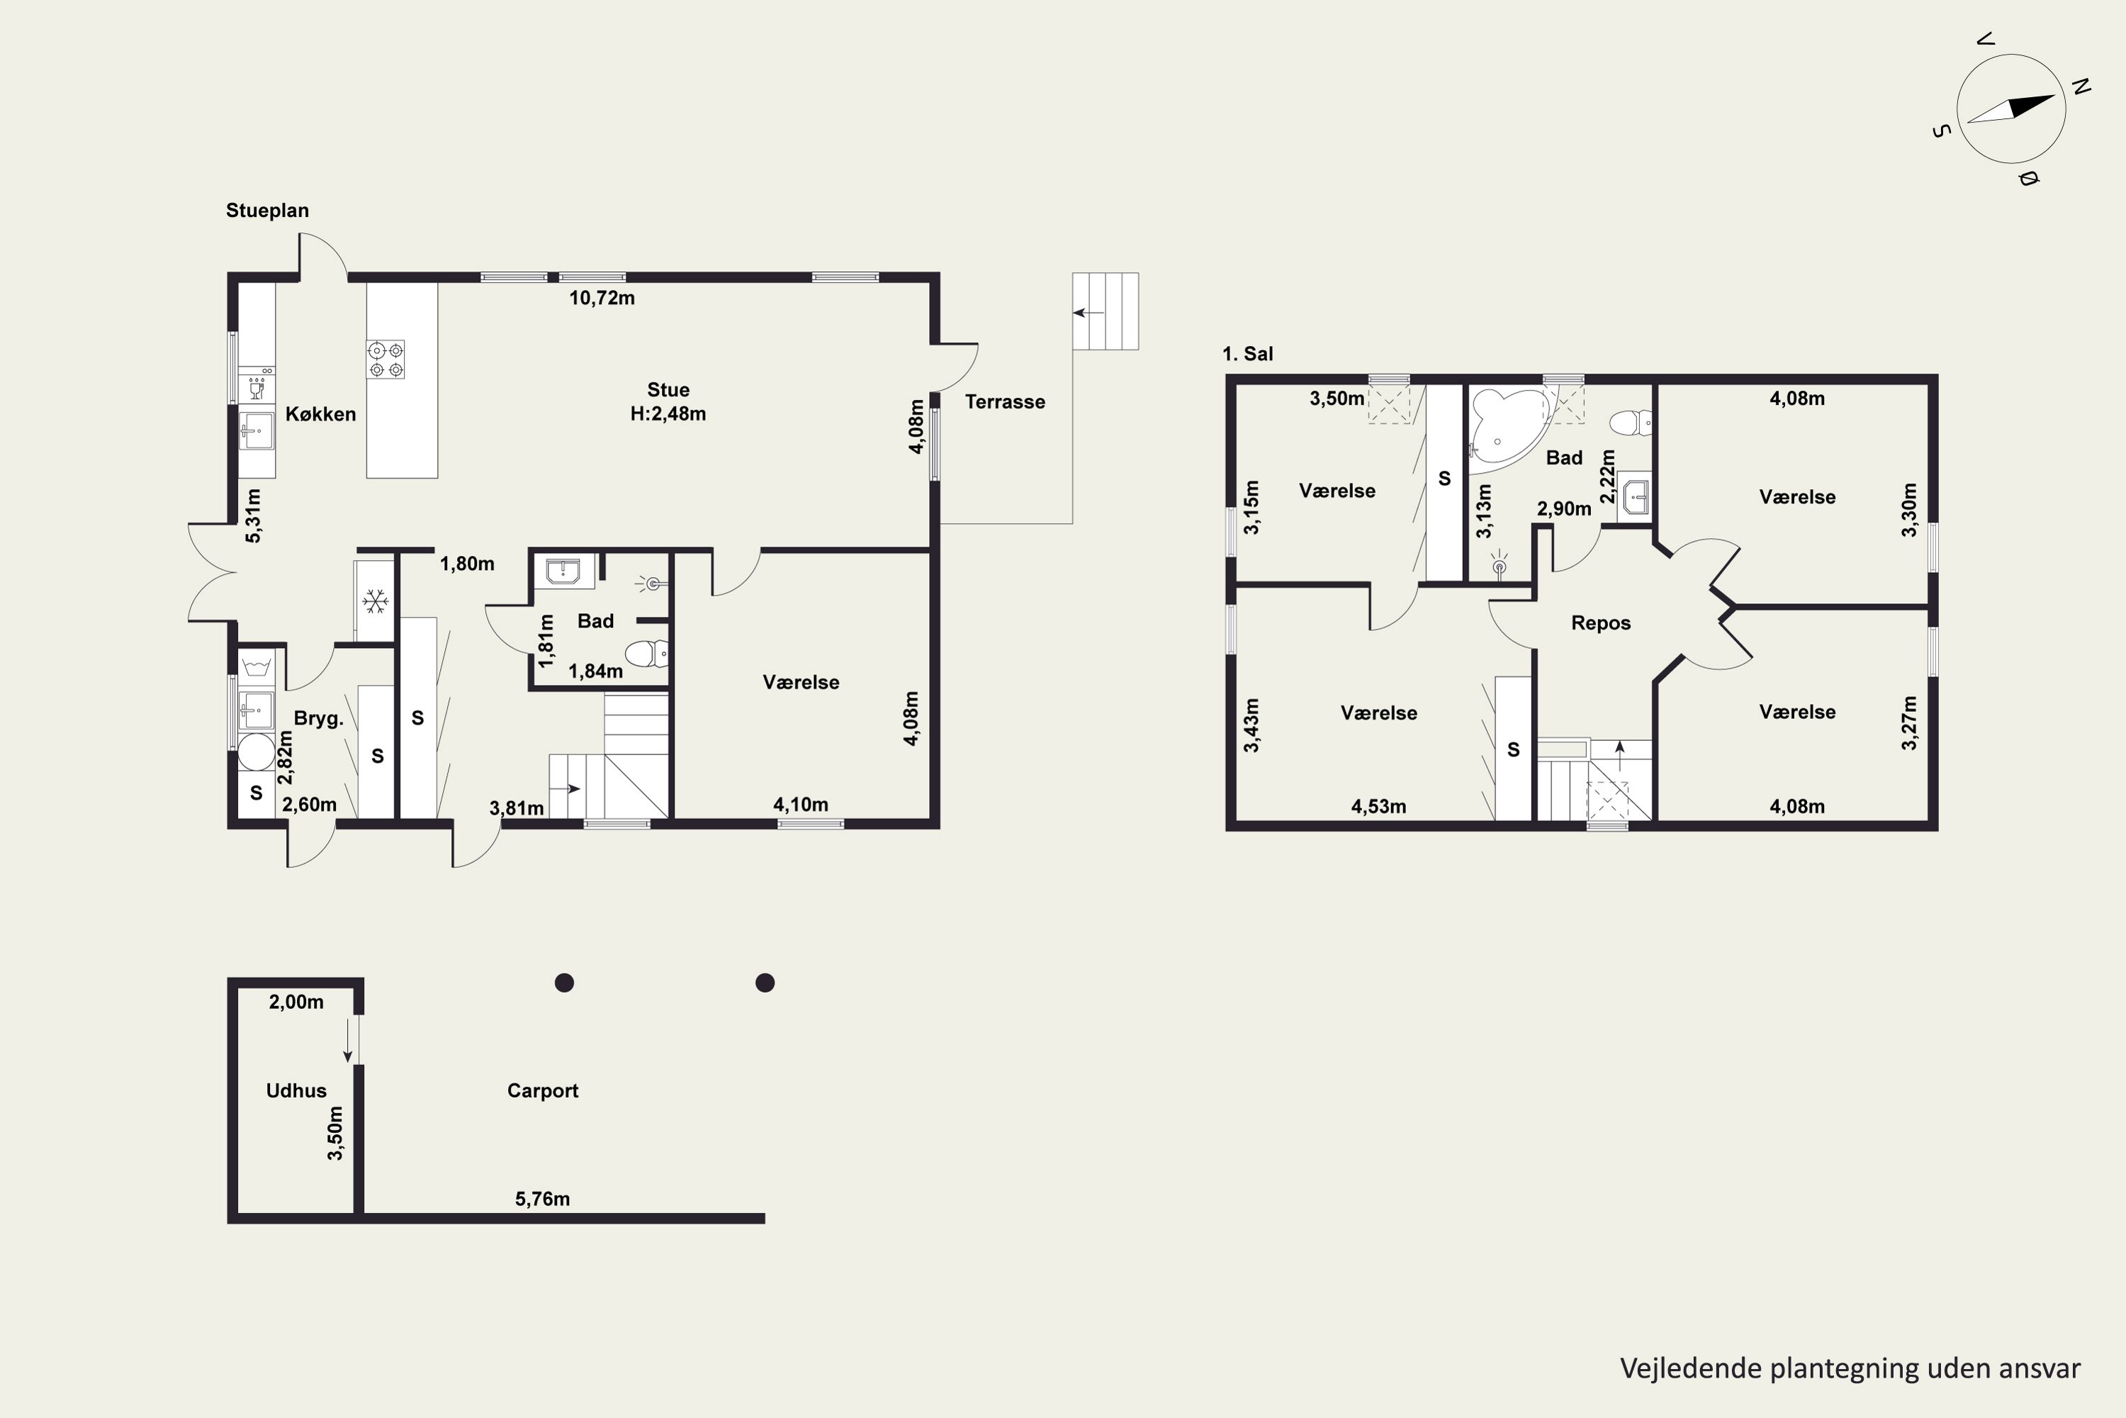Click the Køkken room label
[321, 414]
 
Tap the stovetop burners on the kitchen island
[385, 359]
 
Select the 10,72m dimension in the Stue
[602, 298]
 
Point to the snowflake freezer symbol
[375, 600]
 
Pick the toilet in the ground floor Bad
[646, 652]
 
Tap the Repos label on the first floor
[1601, 623]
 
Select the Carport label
[542, 1090]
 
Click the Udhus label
[296, 1090]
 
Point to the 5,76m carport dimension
[542, 1199]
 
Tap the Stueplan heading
[268, 211]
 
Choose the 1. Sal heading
[1247, 354]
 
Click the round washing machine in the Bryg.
[256, 752]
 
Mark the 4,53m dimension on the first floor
[1378, 807]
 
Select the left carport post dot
[565, 983]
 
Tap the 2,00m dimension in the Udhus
[296, 1002]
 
